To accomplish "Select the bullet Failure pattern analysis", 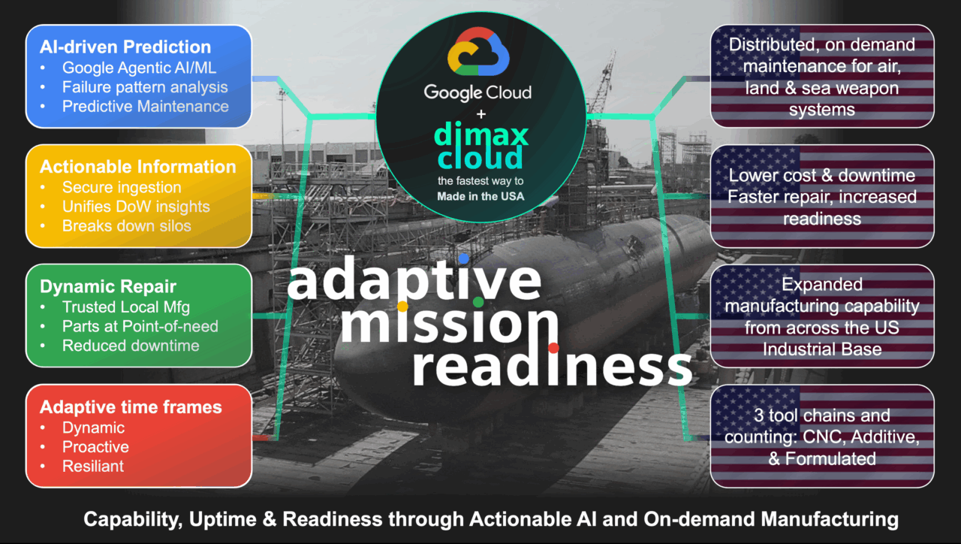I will pos(145,86).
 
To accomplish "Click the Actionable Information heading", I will pos(137,167).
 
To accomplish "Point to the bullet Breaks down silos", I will pos(126,225).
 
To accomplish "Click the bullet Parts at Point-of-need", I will pos(140,326).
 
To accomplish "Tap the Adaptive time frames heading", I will pos(131,407).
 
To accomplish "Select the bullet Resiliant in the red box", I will pos(93,466).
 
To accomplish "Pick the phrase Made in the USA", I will pos(480,197).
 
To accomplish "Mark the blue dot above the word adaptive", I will pos(464,258).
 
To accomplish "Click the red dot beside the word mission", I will pos(553,347).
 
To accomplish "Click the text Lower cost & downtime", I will pos(822,176).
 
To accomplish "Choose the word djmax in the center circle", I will pos(481,136).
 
